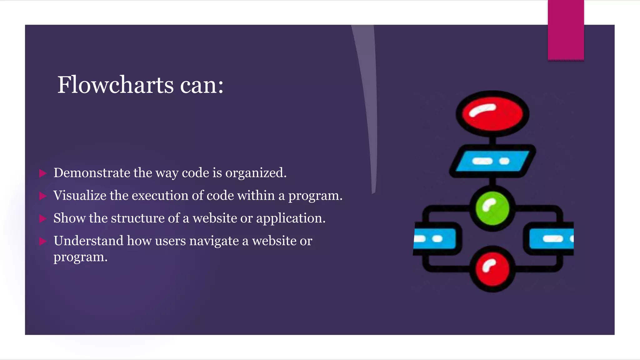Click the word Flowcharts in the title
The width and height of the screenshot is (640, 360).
pos(115,85)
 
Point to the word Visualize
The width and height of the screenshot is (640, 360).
pos(80,196)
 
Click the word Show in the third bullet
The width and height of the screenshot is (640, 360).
pos(69,218)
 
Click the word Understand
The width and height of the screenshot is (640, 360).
pos(88,241)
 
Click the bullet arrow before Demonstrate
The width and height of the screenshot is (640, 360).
pos(43,173)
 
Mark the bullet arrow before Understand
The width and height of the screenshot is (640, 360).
pos(43,241)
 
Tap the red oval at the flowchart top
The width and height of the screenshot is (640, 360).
pos(492,114)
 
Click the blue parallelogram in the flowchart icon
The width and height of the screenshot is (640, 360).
pos(492,161)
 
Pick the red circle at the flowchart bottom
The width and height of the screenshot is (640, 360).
pos(492,269)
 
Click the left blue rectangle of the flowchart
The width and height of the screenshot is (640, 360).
pos(434,239)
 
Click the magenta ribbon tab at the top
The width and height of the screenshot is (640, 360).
pos(566,30)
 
